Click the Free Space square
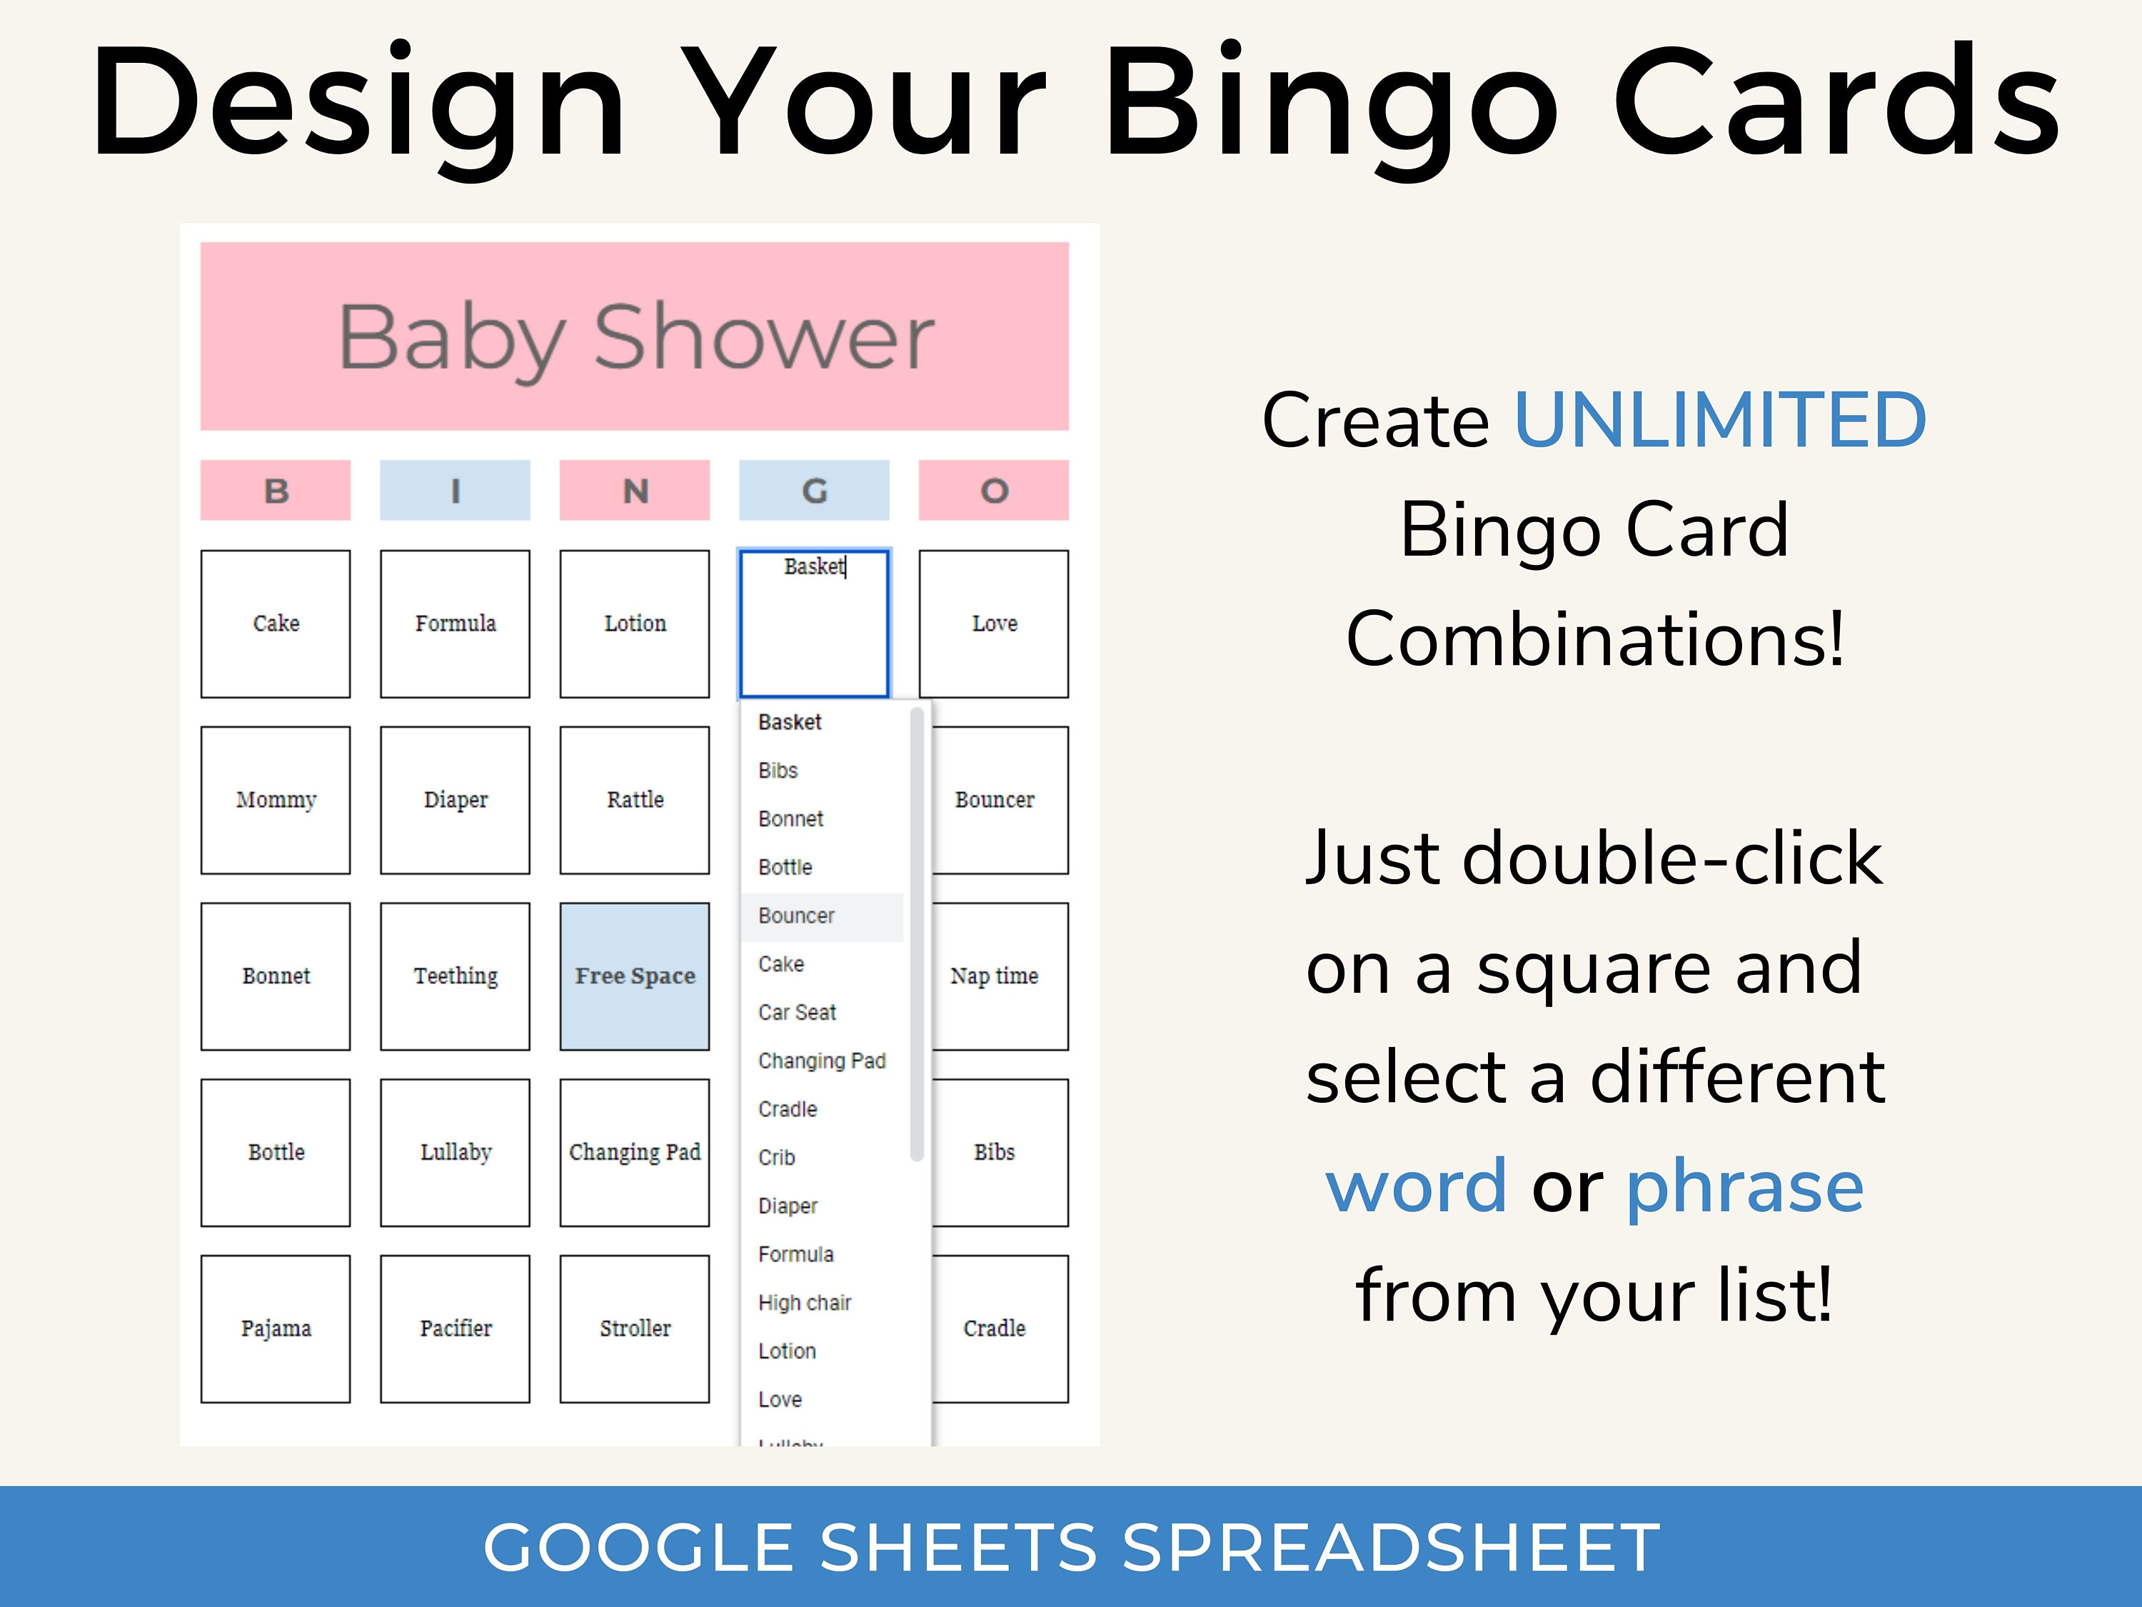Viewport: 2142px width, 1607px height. coord(634,976)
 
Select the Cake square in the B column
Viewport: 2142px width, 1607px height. coord(276,624)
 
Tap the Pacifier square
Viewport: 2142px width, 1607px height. coord(455,1328)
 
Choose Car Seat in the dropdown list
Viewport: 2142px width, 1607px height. coord(797,1012)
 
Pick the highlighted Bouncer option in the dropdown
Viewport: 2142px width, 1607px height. coord(797,916)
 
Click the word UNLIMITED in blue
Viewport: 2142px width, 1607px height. coord(1720,421)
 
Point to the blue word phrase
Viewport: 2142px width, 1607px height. coord(1745,1186)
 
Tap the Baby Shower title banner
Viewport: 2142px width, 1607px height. coord(634,336)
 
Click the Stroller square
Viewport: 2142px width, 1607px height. coord(634,1328)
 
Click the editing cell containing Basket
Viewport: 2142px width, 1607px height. coord(813,624)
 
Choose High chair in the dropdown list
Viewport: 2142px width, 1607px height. coord(805,1303)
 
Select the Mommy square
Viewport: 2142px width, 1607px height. coord(276,800)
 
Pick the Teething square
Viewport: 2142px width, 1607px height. coord(455,976)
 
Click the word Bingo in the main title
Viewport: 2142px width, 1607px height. coord(1332,101)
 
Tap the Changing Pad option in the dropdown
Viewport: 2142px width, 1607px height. coord(822,1061)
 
